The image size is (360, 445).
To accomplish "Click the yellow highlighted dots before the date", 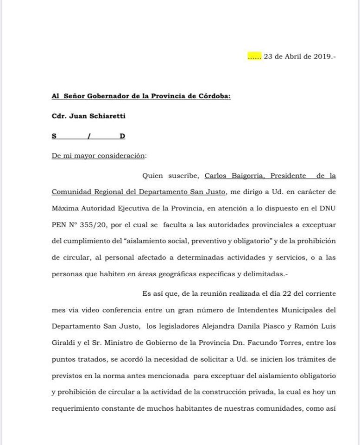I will pos(255,57).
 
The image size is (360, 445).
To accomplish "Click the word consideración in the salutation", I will pos(121,156).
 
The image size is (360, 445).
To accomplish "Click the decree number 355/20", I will pos(96,225).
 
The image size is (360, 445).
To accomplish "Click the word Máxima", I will pos(65,208).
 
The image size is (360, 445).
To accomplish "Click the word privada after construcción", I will pos(258,392).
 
